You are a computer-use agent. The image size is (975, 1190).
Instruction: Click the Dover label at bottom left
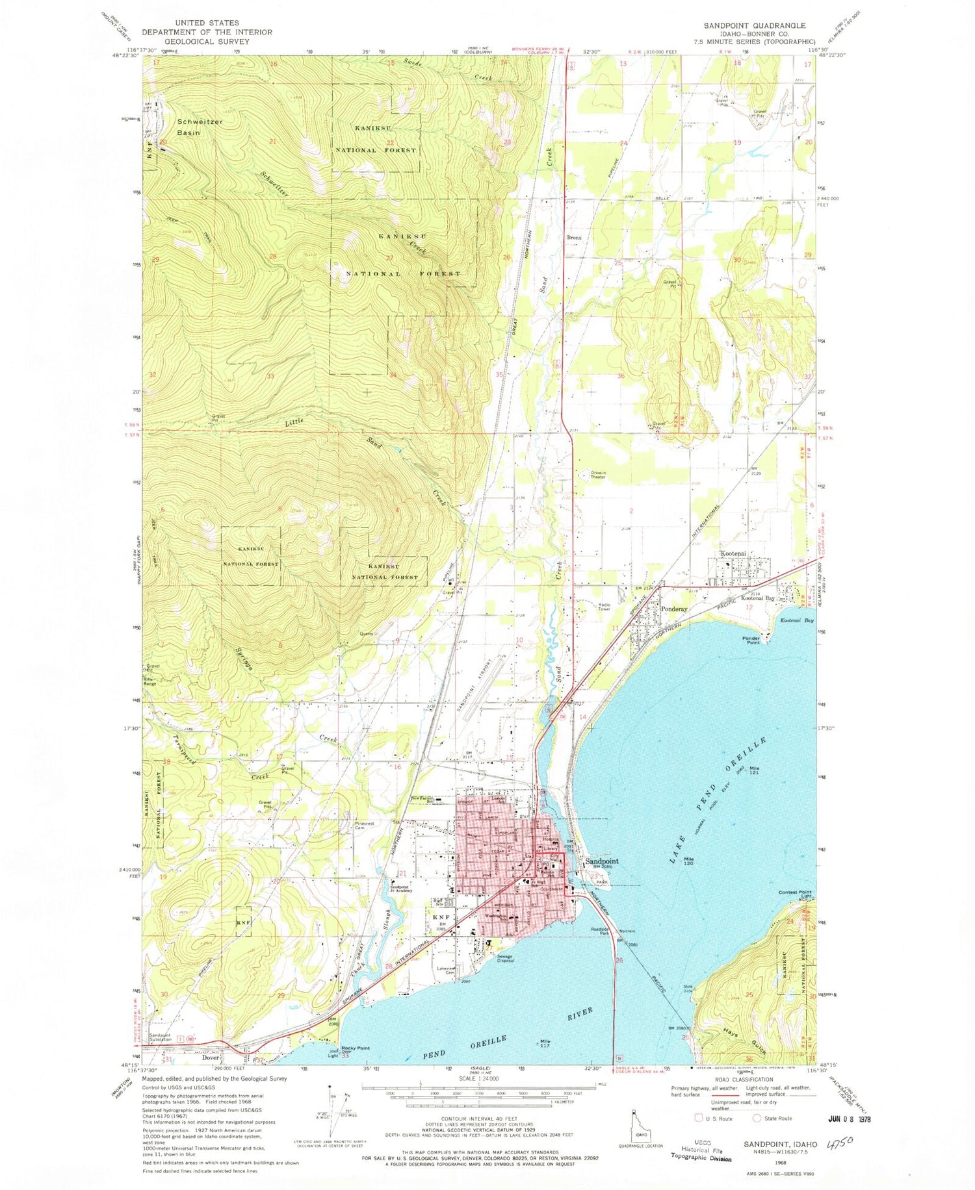(x=210, y=1057)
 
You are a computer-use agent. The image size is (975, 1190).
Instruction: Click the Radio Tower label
(x=607, y=607)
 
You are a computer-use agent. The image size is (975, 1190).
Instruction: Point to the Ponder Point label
(x=751, y=640)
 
